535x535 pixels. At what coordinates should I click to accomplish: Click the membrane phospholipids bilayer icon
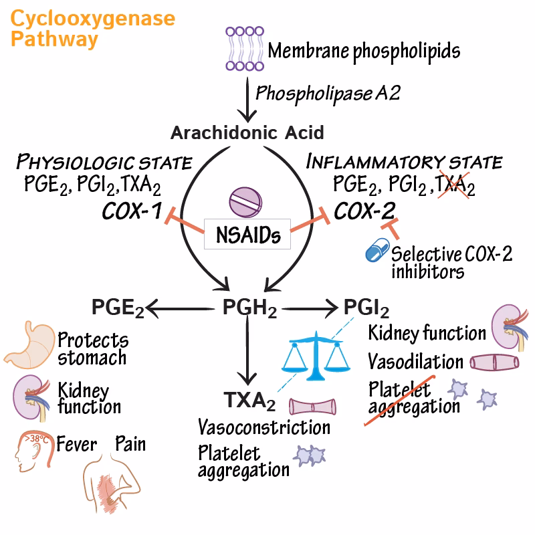pos(243,48)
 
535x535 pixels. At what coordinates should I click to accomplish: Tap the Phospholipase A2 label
pos(328,92)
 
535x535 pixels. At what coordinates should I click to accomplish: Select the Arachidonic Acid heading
pos(247,132)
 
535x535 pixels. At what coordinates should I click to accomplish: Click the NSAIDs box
pos(248,235)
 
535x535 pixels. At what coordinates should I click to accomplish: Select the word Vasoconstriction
pos(264,427)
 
